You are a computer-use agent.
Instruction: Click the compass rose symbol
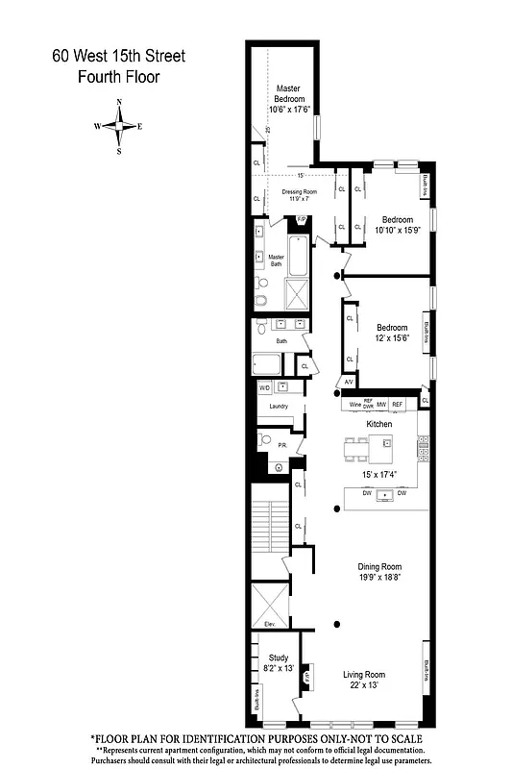tap(119, 126)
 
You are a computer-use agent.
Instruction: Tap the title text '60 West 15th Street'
tap(118, 57)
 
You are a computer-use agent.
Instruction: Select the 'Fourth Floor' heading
tap(118, 77)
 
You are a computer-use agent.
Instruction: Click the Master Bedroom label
tap(289, 92)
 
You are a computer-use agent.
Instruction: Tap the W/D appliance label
tap(264, 388)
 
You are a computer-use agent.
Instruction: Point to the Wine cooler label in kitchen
tap(354, 405)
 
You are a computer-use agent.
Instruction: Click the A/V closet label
tap(349, 383)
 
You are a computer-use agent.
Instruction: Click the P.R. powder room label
tap(283, 445)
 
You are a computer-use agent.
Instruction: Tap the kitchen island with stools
tap(370, 446)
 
